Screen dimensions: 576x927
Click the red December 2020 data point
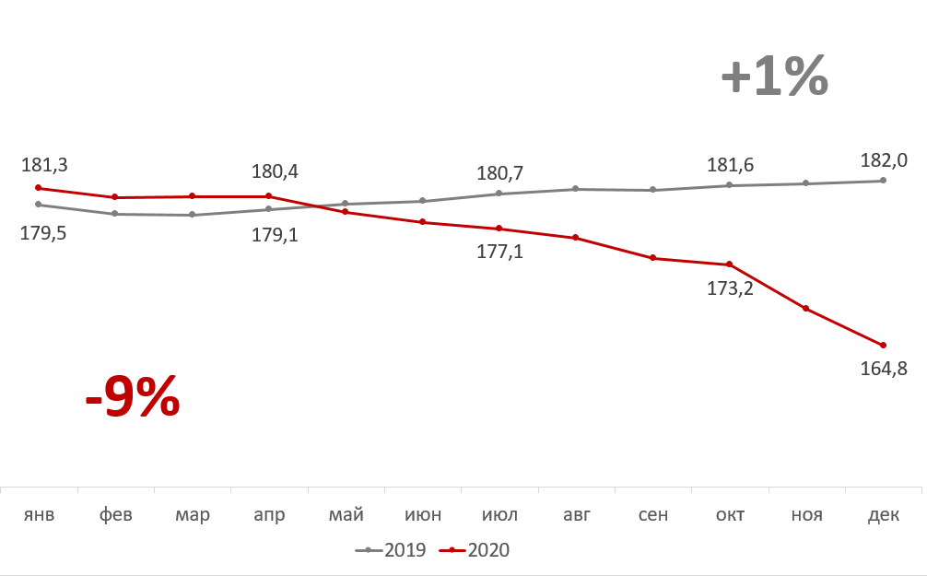coord(884,346)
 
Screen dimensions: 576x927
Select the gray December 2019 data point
coord(884,181)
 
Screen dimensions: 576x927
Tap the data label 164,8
coord(885,370)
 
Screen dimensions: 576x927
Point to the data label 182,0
coord(885,159)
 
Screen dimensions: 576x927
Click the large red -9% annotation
coord(132,397)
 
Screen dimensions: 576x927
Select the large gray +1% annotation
coord(774,77)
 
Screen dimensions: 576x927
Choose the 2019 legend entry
coord(392,550)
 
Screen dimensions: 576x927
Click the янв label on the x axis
coord(39,514)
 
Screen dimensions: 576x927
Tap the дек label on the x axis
coord(884,514)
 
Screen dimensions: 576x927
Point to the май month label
coord(346,514)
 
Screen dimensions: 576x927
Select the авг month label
coord(577,514)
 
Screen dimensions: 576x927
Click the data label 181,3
coord(44,166)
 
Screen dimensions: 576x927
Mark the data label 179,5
coord(44,233)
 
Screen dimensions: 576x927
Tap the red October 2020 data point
coord(730,264)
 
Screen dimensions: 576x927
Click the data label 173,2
coord(730,288)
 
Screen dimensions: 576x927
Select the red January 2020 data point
coord(39,188)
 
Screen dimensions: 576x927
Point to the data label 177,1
coord(499,251)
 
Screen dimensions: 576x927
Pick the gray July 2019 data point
coord(499,194)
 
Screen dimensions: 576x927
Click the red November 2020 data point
coord(806,309)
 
